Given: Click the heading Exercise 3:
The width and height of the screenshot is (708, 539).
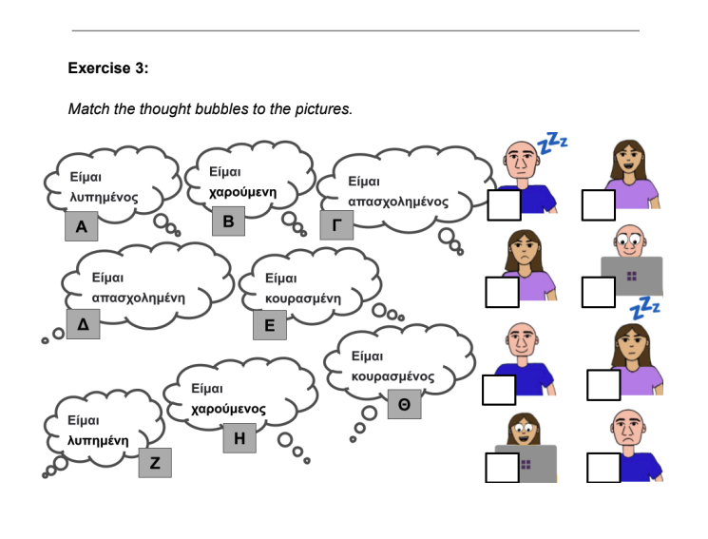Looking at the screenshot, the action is click(x=108, y=68).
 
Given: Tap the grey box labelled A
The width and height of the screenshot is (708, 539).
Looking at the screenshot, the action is click(x=81, y=227).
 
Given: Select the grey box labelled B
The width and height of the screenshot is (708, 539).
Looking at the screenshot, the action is click(x=228, y=221).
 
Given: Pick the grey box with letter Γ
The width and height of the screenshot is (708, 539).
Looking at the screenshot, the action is click(x=335, y=225).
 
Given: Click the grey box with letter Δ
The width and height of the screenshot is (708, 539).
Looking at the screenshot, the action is click(x=83, y=324).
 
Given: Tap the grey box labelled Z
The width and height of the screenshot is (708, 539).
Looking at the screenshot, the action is click(x=155, y=463).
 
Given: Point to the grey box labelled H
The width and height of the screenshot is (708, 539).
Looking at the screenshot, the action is click(x=239, y=438).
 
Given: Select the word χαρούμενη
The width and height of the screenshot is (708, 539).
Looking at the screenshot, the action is click(x=243, y=192).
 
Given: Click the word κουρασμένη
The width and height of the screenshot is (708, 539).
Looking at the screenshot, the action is click(x=302, y=298).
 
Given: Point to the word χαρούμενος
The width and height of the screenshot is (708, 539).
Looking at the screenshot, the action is click(x=228, y=409).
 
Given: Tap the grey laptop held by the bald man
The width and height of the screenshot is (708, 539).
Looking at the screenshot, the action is click(x=632, y=275).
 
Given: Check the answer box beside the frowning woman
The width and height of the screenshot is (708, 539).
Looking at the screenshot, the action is click(x=502, y=292).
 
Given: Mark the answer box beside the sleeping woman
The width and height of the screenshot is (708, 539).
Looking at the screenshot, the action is click(x=603, y=384).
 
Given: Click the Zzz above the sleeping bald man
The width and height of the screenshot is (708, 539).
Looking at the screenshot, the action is click(x=552, y=144).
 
